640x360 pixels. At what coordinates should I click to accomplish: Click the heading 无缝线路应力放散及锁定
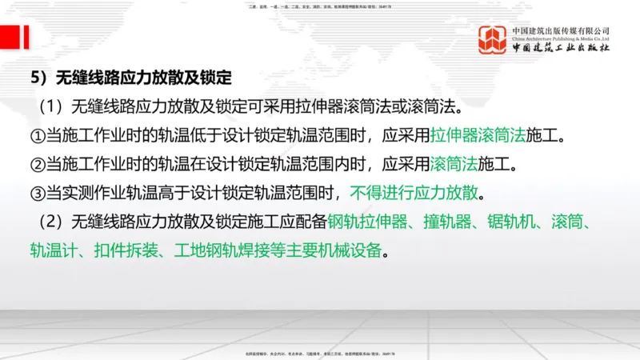coord(143,78)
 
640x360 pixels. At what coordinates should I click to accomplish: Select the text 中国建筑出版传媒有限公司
coord(561,30)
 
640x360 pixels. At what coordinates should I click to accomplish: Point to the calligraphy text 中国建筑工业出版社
coord(561,49)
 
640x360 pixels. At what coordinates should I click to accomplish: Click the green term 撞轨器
coord(444,222)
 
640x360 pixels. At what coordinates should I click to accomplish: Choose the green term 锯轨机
coord(510,222)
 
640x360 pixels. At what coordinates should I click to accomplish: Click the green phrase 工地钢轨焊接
coord(216,250)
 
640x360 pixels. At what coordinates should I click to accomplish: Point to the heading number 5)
coord(40,78)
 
